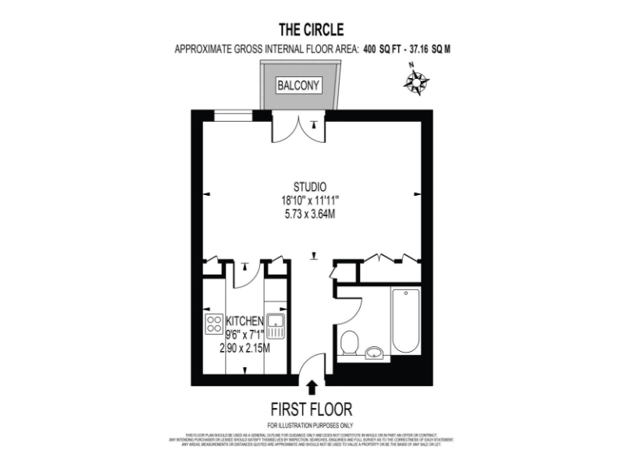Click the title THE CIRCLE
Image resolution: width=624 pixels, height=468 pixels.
[x=311, y=30]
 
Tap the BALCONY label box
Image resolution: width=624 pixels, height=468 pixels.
[x=298, y=85]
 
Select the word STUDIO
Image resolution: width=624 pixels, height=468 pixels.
[x=311, y=187]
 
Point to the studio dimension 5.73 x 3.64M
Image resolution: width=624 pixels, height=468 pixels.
[x=311, y=214]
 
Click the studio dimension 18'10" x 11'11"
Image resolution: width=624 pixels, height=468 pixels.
[x=311, y=201]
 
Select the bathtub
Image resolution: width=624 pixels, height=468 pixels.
[x=405, y=321]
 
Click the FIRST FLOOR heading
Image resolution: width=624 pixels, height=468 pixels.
[x=311, y=409]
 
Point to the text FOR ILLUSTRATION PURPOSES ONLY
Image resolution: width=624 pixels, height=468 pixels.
[x=311, y=426]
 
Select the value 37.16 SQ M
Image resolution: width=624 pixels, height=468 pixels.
[x=428, y=50]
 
